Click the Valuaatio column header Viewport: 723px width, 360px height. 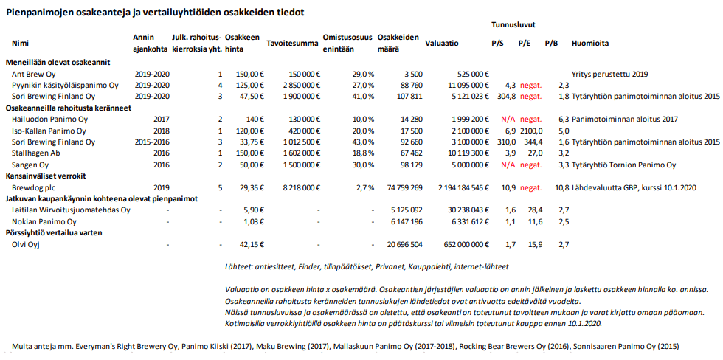[441, 44]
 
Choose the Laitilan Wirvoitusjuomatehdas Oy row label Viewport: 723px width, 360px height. [72, 210]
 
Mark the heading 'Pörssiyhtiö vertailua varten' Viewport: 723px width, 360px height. [54, 233]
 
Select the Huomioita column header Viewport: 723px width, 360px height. [589, 44]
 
